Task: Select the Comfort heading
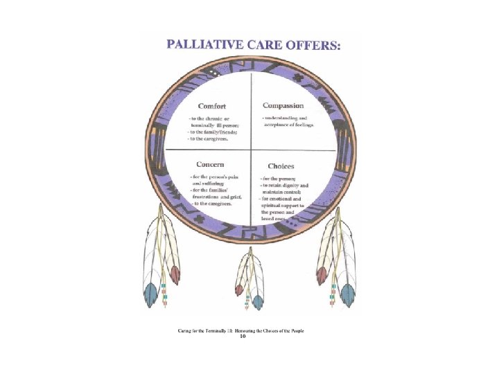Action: (212, 106)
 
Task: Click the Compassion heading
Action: (283, 105)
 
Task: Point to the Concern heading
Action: (210, 165)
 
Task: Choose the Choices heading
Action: (281, 166)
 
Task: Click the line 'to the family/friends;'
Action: (213, 132)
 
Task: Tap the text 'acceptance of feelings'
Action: (289, 125)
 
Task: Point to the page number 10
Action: (242, 337)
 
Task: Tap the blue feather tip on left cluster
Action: (150, 296)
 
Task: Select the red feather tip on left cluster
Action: (175, 275)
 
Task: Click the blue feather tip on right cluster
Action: (349, 296)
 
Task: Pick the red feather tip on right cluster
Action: (322, 276)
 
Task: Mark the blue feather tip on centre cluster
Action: (258, 302)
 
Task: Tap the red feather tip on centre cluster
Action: (239, 289)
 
